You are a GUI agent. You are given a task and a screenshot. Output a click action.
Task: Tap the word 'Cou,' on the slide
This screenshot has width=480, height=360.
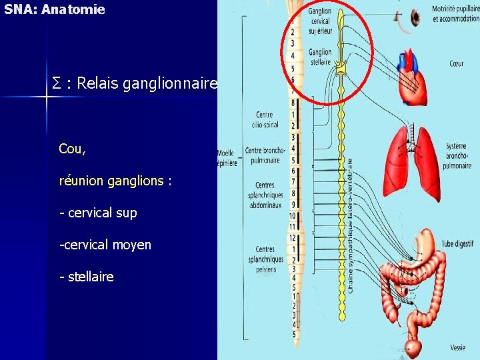point(72,149)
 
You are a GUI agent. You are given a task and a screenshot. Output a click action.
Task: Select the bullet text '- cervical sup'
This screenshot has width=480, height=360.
point(98,213)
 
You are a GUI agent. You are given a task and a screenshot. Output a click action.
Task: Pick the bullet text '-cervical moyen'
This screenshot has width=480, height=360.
point(105,245)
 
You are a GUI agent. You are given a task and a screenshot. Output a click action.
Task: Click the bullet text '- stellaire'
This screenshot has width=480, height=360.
point(87,276)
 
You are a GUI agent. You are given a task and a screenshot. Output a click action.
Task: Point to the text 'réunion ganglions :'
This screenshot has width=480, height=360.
point(115,181)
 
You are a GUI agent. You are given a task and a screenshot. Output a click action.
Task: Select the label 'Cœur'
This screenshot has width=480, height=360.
point(456,65)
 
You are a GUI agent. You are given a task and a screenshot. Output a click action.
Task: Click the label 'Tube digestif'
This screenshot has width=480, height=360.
point(457,244)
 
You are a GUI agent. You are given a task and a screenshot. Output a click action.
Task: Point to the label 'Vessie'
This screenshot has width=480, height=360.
point(457,347)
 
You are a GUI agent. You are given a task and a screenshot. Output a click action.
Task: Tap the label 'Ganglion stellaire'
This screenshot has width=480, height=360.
point(320,57)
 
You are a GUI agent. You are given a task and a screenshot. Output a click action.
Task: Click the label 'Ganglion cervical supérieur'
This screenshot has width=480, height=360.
point(320,21)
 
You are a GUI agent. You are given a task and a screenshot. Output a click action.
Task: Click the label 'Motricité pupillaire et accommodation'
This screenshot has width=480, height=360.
point(455,14)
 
